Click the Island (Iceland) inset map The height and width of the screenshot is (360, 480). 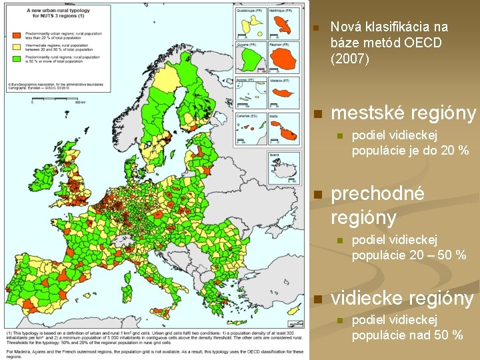[283, 169]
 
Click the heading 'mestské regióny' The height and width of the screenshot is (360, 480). [403, 113]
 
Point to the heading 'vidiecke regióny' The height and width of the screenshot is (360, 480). [402, 299]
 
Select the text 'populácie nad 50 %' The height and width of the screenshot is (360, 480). [407, 335]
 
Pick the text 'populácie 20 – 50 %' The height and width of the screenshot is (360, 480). [408, 255]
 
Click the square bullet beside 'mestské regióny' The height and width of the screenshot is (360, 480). [318, 114]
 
